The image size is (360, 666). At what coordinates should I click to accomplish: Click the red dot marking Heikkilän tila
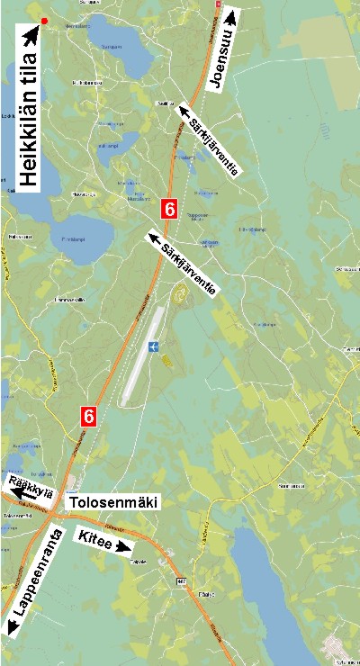point(44,20)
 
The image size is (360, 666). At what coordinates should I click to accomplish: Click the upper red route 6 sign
point(168,208)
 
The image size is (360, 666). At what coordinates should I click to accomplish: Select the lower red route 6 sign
point(88,416)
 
